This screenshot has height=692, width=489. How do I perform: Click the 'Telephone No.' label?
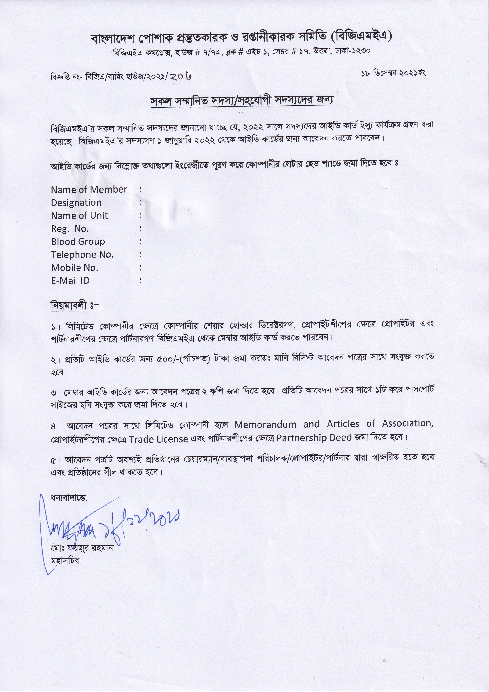click(82, 255)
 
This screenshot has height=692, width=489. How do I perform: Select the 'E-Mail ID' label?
click(70, 281)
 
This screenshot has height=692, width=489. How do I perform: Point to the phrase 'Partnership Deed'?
click(314, 438)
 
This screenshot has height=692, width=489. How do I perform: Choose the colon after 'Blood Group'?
click(141, 242)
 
